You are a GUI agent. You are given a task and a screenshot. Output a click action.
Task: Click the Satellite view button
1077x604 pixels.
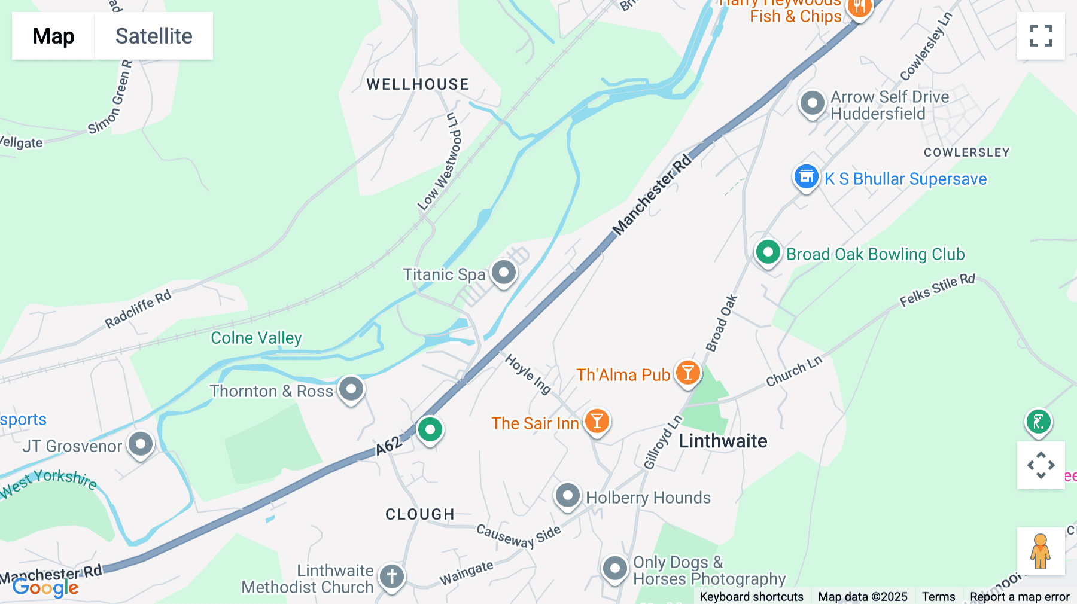154,36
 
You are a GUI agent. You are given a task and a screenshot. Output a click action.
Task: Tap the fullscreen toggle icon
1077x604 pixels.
1041,36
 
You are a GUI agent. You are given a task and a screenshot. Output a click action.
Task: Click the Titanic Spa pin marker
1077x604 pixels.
504,273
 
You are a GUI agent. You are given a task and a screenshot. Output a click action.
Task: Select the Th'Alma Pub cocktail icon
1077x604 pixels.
687,373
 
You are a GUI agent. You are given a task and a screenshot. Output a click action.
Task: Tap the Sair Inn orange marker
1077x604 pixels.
597,421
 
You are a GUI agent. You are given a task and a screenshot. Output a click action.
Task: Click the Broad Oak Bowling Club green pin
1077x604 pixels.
768,252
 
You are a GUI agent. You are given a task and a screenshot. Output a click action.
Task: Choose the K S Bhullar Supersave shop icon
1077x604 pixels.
806,177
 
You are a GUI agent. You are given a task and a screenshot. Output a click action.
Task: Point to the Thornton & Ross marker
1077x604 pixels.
351,389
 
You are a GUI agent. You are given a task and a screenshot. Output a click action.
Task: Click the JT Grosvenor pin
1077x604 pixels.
141,444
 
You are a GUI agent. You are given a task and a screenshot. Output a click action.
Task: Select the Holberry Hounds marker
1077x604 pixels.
567,496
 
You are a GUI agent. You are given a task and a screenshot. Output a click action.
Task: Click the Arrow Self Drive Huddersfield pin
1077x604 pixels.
812,103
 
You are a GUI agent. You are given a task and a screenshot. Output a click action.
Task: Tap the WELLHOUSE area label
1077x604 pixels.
418,84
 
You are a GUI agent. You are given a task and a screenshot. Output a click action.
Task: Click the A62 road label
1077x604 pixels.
389,446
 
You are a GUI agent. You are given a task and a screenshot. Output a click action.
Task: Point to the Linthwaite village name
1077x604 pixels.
723,441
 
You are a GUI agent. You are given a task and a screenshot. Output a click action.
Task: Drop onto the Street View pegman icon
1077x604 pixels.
1041,551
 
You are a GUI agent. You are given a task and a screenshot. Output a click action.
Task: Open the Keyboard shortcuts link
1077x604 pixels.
752,597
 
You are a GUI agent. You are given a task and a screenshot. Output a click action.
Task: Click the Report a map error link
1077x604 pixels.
1020,597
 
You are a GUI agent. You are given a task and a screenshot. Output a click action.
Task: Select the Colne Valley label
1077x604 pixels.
256,338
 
